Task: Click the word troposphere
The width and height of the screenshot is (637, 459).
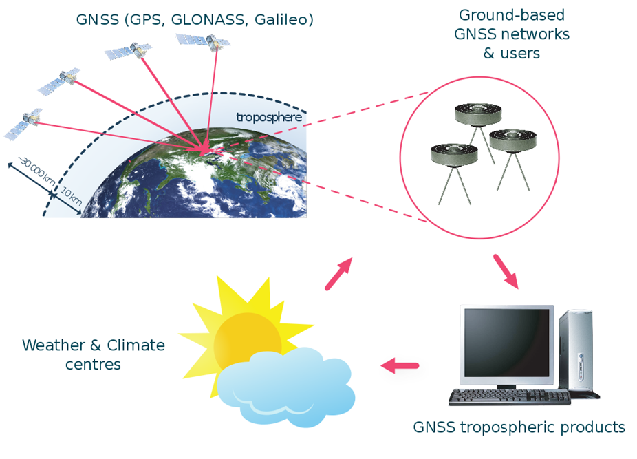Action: [x=269, y=118]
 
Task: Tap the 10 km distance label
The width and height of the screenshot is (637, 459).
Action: [x=71, y=196]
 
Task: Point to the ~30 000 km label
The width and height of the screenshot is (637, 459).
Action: [x=38, y=171]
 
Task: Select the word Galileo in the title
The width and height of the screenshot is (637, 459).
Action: [x=281, y=19]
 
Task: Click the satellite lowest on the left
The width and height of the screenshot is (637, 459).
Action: [x=23, y=124]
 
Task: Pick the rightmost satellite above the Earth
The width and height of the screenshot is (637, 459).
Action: [x=203, y=41]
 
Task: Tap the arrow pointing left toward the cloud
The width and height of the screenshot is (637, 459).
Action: [x=400, y=365]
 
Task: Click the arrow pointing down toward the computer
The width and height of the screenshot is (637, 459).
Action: [x=506, y=271]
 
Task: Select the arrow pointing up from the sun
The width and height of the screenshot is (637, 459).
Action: [x=339, y=274]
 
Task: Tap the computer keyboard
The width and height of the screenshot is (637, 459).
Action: [x=510, y=397]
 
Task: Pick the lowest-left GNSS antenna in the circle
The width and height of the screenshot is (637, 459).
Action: [x=454, y=173]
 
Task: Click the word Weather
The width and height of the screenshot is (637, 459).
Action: [x=54, y=345]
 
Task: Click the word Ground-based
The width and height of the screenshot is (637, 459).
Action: [x=512, y=15]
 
